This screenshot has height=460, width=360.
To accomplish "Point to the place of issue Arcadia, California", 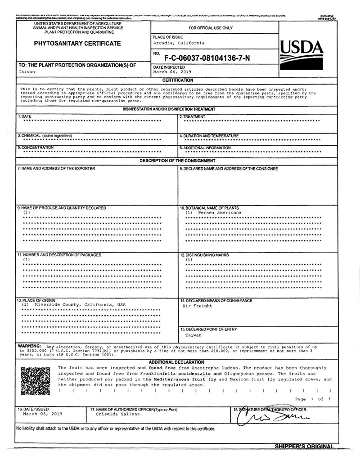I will coord(179,43).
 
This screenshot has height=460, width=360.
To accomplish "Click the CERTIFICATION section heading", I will coord(178,80).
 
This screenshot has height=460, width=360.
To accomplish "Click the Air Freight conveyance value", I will coord(197,306).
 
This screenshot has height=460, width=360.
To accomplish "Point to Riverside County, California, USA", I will coord(74,304).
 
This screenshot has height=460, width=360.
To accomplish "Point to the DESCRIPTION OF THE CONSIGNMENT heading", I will coord(177,161).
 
